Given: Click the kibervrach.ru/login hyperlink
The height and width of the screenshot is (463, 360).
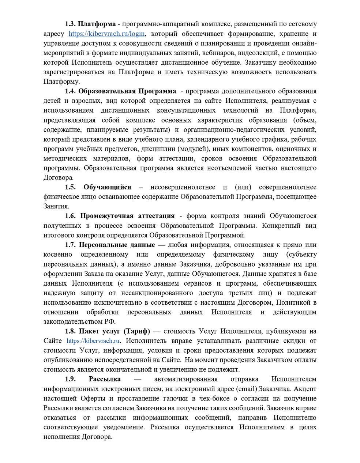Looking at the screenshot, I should [x=107, y=34].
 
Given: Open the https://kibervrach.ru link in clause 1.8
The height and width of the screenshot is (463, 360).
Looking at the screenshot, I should [x=93, y=341].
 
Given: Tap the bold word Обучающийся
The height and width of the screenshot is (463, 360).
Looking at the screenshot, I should [x=107, y=187].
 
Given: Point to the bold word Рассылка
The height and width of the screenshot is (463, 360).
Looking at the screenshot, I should [x=105, y=379].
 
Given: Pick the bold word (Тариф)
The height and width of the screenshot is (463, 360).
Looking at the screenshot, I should [x=137, y=331].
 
